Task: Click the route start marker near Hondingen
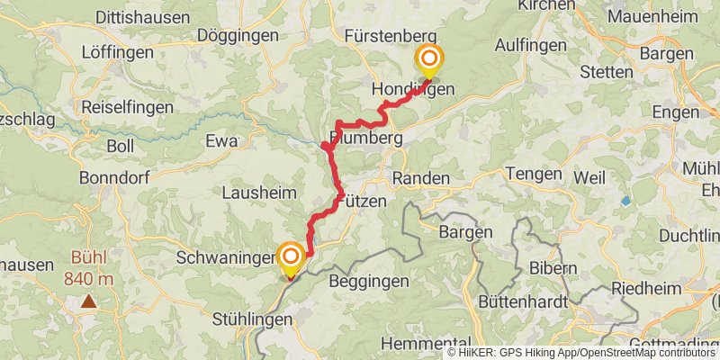coord(429,60)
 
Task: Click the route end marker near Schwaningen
coord(291,257)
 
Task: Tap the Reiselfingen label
coord(121,106)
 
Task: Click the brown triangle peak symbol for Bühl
coord(88,302)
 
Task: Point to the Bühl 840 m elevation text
coord(88,269)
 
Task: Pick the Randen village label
coord(420,179)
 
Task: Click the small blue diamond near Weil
coord(625,201)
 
